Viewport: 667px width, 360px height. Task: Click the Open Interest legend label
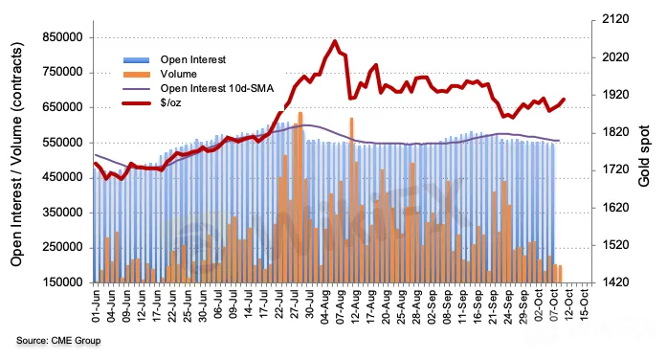[192, 59]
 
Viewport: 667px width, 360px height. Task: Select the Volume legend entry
[178, 74]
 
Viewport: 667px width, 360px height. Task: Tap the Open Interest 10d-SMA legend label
[217, 88]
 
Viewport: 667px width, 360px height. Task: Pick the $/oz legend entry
[170, 103]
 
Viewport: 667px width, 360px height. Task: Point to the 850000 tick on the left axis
[62, 37]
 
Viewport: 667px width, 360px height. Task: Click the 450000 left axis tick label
[62, 177]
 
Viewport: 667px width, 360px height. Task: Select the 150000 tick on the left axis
[62, 282]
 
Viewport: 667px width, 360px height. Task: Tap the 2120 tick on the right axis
[615, 19]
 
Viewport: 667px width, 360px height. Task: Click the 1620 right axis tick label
[615, 208]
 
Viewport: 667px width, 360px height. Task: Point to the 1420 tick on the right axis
[615, 282]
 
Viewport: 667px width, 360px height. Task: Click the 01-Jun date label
[96, 305]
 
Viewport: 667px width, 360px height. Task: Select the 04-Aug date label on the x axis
[325, 306]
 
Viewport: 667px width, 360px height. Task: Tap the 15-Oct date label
[585, 304]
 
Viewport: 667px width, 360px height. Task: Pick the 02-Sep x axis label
[433, 306]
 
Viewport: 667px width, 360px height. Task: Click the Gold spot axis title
[644, 156]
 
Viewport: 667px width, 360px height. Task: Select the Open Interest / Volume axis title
[16, 154]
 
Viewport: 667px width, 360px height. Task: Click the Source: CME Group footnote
[58, 341]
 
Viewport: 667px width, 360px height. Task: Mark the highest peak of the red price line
[335, 41]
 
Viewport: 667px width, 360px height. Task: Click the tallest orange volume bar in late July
[300, 197]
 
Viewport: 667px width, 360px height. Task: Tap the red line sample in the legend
[136, 103]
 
